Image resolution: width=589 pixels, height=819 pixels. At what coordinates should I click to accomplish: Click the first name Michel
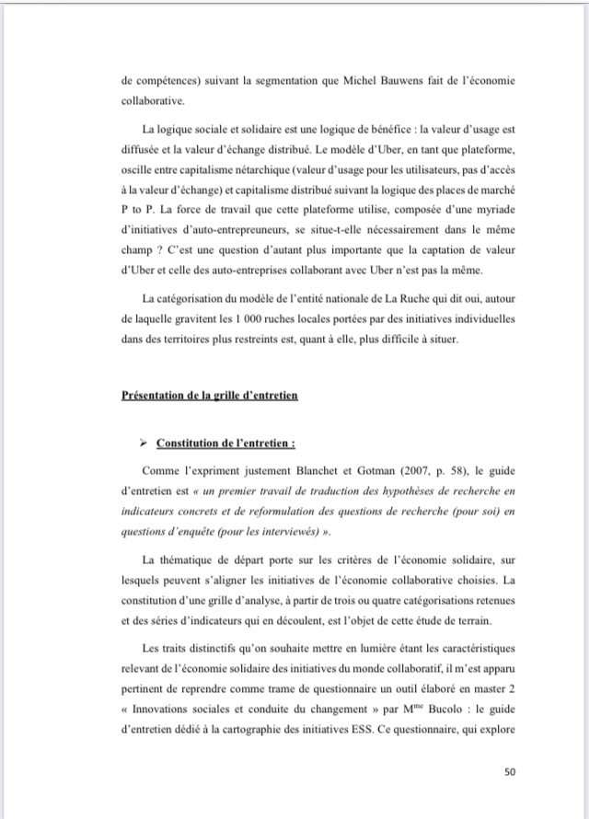click(x=345, y=80)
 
